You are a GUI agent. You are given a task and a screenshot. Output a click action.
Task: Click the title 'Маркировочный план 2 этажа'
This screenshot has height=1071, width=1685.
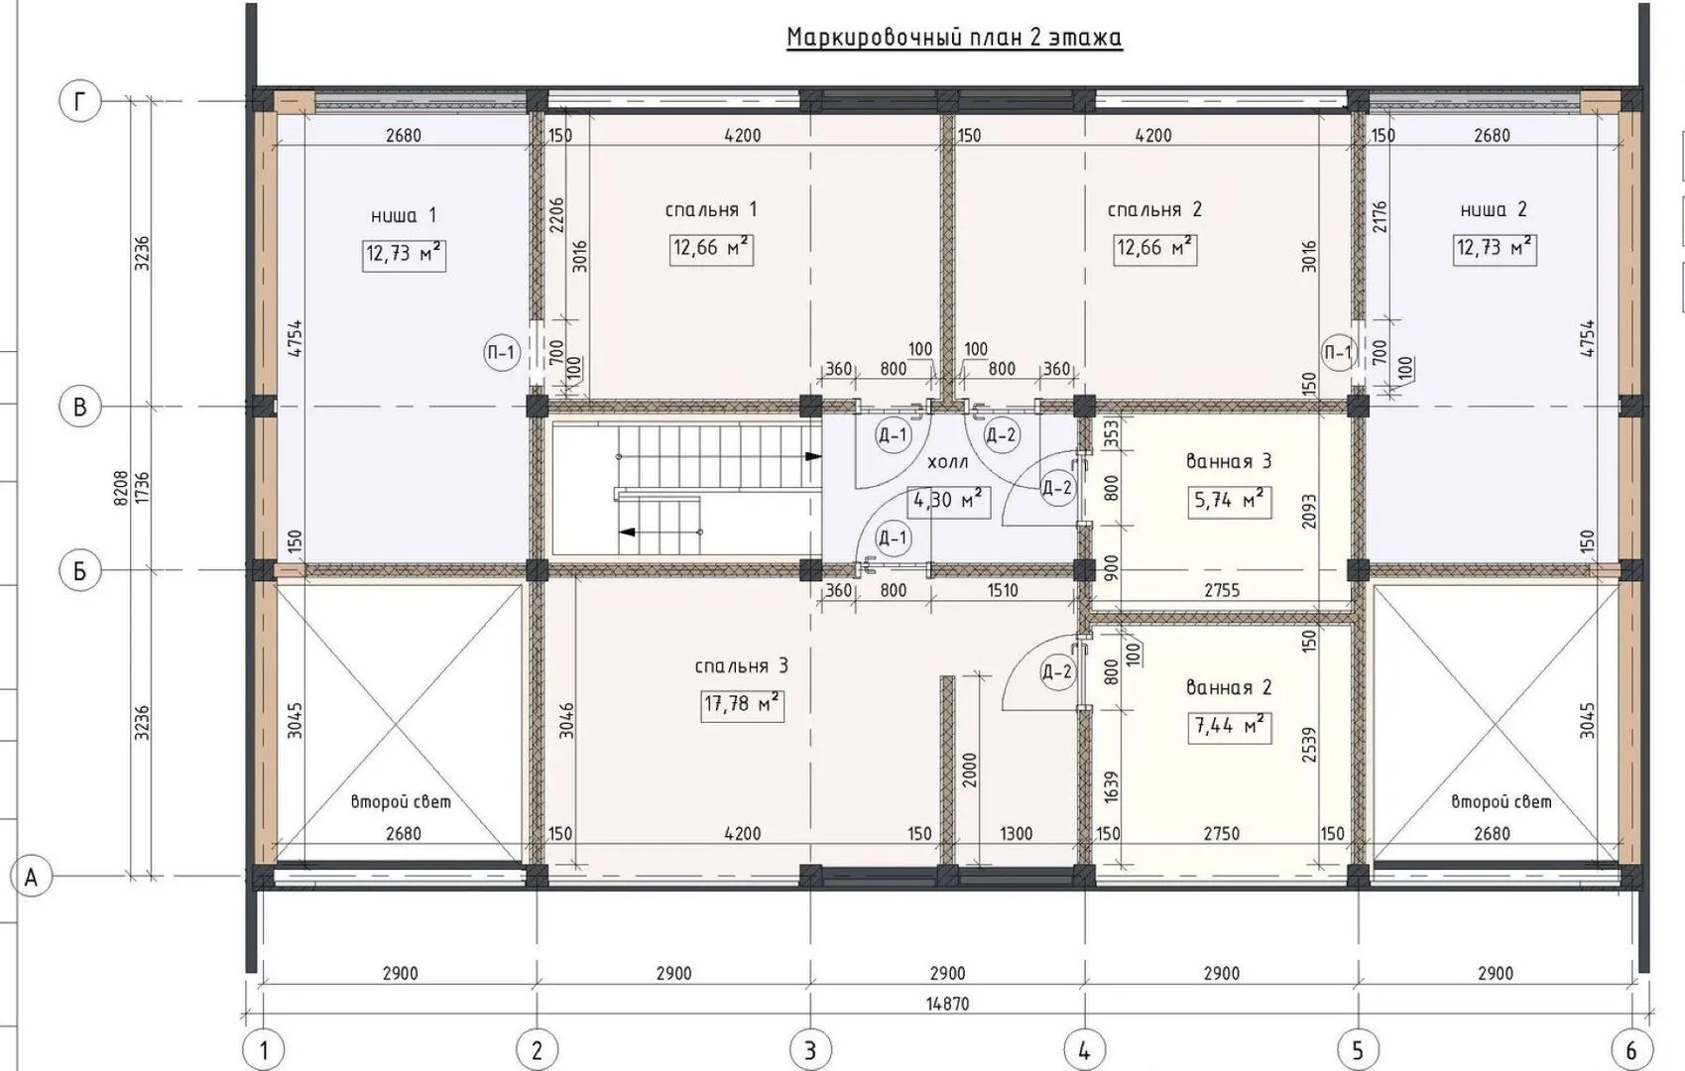coord(955,37)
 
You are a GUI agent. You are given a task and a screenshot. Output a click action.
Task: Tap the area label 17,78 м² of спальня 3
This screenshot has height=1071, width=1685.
coord(743,705)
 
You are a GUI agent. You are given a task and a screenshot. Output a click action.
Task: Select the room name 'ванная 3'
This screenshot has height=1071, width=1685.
coord(1229,461)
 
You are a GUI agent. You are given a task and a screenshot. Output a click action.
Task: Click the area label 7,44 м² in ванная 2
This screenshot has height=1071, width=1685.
coord(1230,727)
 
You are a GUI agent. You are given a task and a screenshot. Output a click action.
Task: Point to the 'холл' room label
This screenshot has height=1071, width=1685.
coord(948,462)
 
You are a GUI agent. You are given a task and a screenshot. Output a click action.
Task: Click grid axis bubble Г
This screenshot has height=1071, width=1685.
coord(79,101)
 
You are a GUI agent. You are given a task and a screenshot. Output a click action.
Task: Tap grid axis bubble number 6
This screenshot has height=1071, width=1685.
coord(1630,1049)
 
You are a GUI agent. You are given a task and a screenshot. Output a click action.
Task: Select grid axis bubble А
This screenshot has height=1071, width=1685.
coord(31,877)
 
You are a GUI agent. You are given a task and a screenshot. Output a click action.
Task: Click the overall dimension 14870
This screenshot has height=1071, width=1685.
coord(948,1004)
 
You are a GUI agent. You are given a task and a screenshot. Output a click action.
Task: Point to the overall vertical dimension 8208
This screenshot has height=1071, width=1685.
coord(120,488)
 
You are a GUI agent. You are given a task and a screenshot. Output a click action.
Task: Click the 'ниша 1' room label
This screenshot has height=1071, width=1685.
coord(404,216)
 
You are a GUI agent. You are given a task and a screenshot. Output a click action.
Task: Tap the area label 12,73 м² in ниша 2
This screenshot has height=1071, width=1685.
coord(1495,248)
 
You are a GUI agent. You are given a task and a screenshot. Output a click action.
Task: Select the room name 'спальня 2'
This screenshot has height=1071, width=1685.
coord(1154,210)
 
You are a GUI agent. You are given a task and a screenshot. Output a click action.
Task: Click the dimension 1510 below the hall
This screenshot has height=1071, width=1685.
coord(1002,590)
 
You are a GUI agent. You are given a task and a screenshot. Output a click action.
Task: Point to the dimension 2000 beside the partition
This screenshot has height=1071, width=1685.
coord(969,770)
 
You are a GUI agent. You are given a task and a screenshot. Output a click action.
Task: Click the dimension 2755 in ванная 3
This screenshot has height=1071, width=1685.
coord(1222,590)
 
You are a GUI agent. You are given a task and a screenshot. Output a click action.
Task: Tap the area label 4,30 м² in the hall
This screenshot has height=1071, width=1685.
coord(948,500)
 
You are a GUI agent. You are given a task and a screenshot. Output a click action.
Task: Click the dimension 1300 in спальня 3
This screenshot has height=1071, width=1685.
coord(1016,833)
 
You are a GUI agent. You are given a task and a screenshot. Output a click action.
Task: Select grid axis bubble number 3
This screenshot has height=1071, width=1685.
coord(810,1049)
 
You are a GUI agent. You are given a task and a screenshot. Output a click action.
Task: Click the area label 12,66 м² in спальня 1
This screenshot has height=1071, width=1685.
coord(712,248)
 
